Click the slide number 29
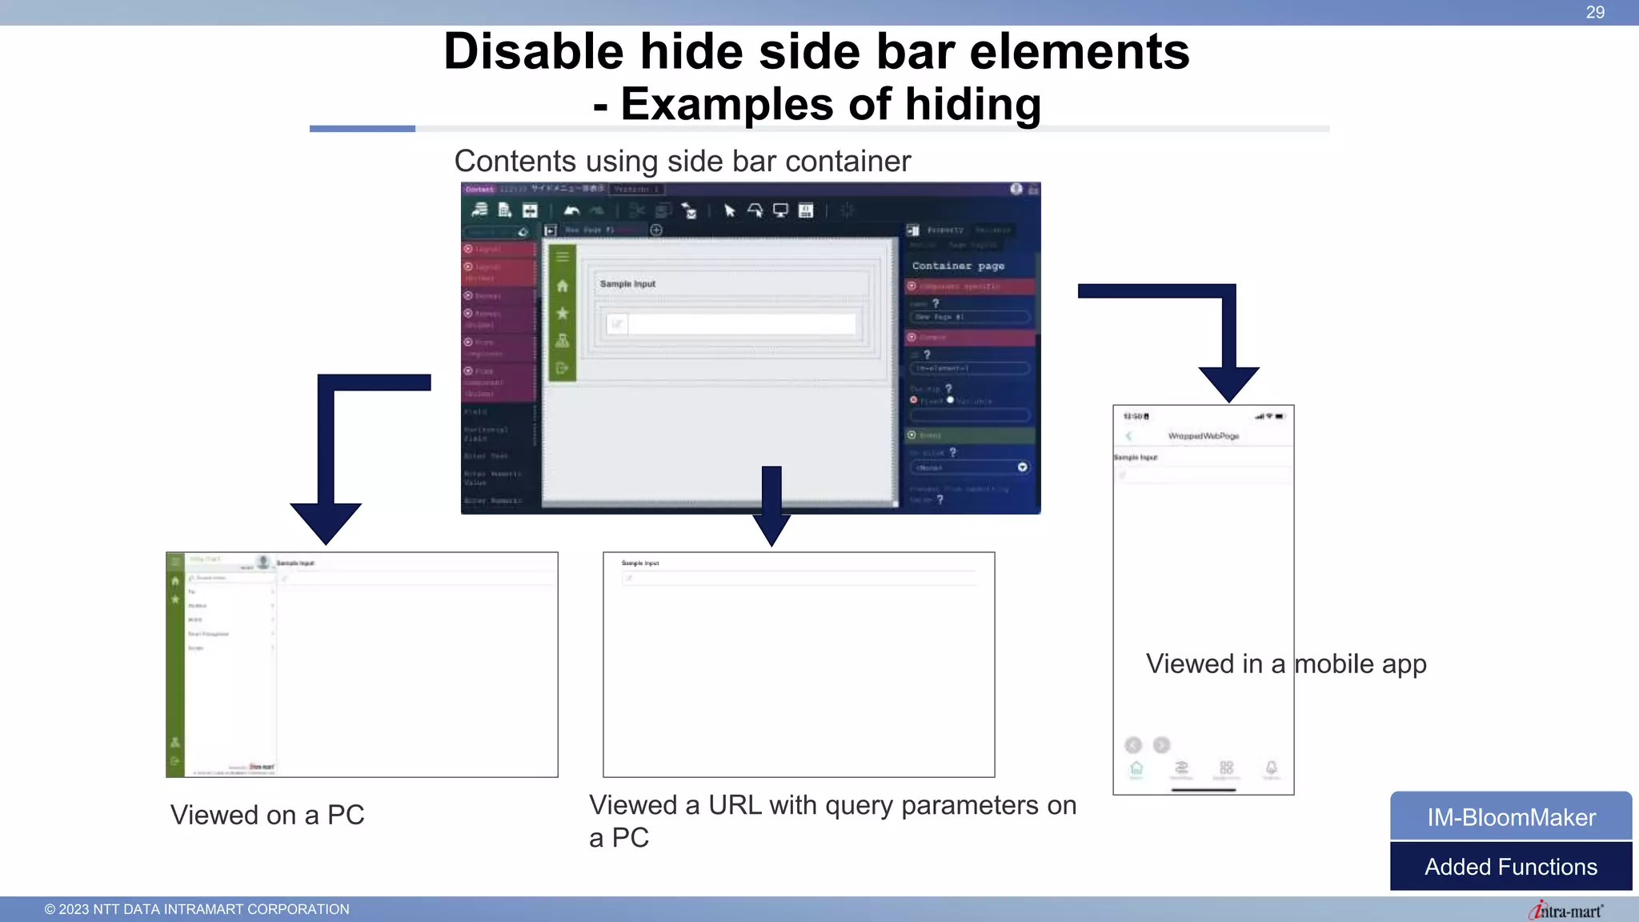pyautogui.click(x=1595, y=12)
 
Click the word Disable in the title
pyautogui.click(x=533, y=52)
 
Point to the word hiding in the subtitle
pyautogui.click(x=972, y=105)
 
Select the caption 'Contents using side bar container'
pyautogui.click(x=682, y=161)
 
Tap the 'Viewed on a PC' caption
pyautogui.click(x=267, y=815)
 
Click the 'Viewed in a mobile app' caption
pyautogui.click(x=1286, y=663)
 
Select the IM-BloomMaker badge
pyautogui.click(x=1511, y=816)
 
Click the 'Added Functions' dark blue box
pyautogui.click(x=1511, y=867)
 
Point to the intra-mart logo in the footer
pyautogui.click(x=1565, y=911)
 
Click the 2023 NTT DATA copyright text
pyautogui.click(x=197, y=909)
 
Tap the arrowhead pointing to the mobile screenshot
pyautogui.click(x=1228, y=383)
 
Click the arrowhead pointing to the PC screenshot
pyautogui.click(x=326, y=523)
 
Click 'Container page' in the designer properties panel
pyautogui.click(x=958, y=266)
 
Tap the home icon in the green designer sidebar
pyautogui.click(x=563, y=286)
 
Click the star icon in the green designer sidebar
pyautogui.click(x=563, y=313)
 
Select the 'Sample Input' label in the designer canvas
pyautogui.click(x=627, y=284)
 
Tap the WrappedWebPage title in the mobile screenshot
pyautogui.click(x=1203, y=436)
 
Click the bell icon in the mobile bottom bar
pyautogui.click(x=1271, y=768)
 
